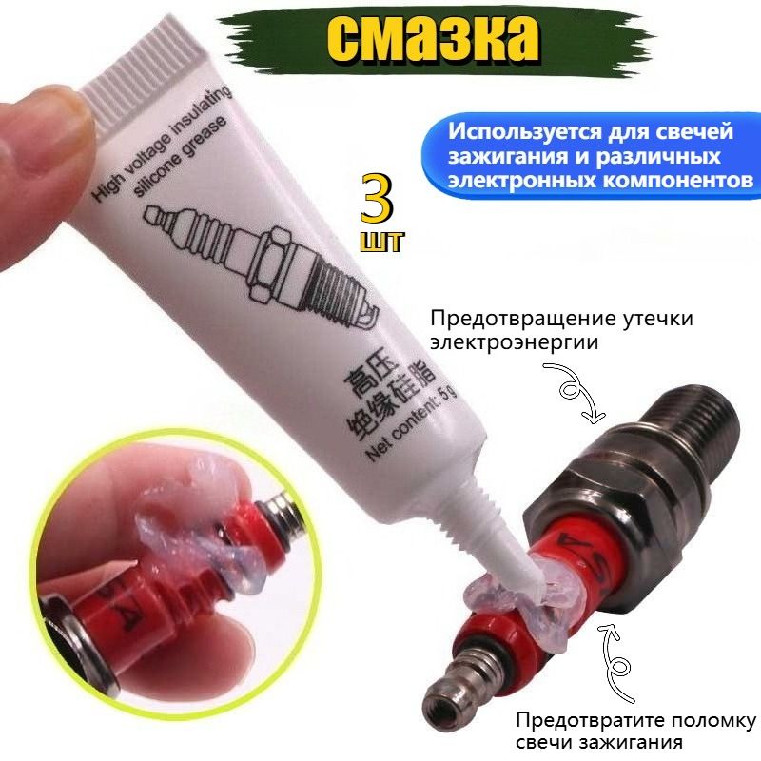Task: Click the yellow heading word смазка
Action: coord(435,39)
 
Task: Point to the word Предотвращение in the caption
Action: coord(521,320)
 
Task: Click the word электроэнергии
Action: coord(515,342)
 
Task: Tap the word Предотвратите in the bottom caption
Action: coord(587,720)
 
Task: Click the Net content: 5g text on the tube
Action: coord(412,422)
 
